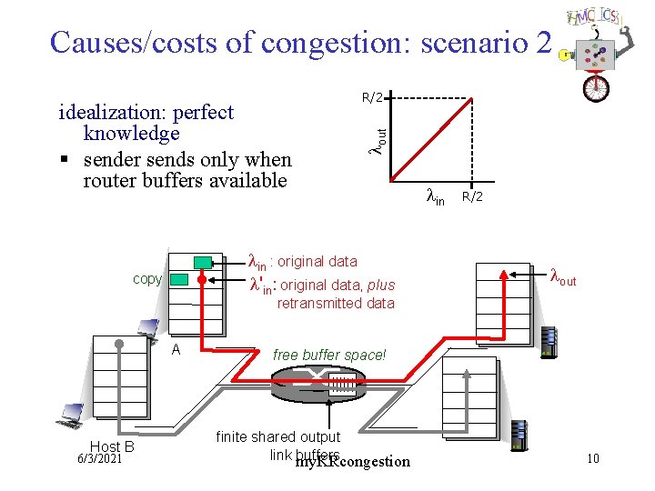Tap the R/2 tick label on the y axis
tap(373, 97)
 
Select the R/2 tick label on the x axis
tap(471, 196)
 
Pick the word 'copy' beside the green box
tap(147, 279)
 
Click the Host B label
tap(112, 446)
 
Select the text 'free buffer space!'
tap(329, 355)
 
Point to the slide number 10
tap(592, 458)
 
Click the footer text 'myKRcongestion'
tap(353, 462)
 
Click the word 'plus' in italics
tap(381, 285)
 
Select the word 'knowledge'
tap(131, 134)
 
